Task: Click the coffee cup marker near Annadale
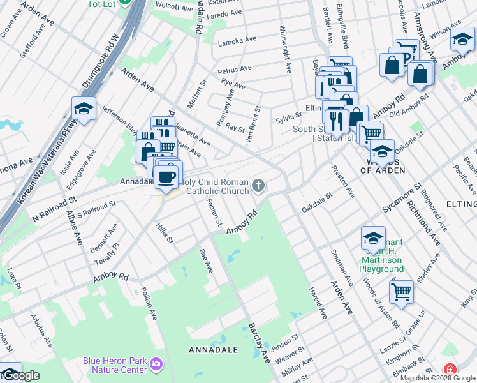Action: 167,177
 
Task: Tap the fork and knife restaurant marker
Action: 336,119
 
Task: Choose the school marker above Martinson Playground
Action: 373,239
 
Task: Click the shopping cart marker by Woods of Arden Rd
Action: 401,292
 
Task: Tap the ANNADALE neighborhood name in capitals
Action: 213,350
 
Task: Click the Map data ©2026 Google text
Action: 437,378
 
